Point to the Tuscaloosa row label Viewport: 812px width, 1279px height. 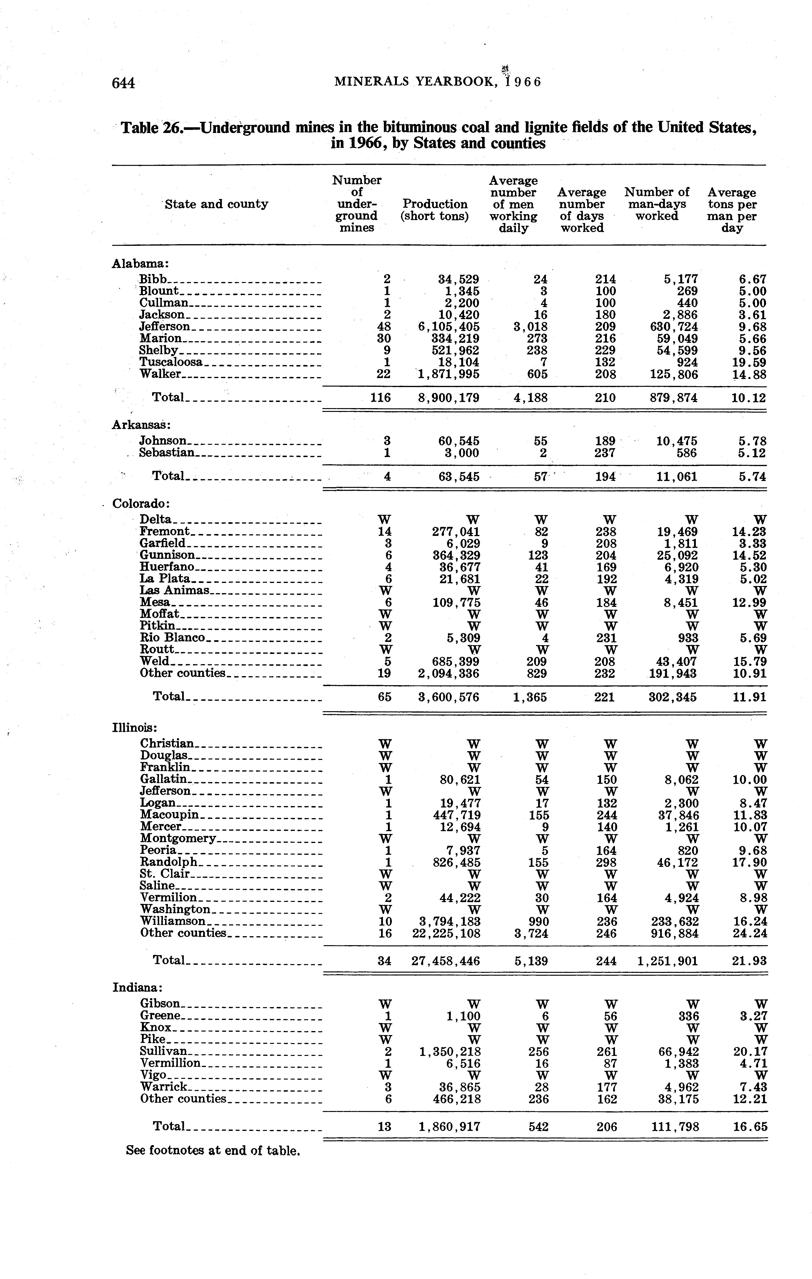point(171,362)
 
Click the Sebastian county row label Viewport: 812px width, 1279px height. point(167,453)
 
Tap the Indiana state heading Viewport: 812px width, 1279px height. point(137,987)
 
